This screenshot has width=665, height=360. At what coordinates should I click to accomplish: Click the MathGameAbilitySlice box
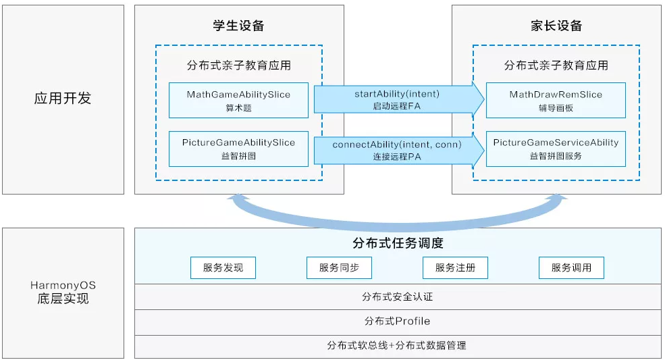(238, 100)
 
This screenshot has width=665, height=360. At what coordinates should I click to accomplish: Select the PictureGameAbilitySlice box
(238, 149)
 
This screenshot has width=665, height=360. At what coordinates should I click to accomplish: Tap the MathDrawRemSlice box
(556, 100)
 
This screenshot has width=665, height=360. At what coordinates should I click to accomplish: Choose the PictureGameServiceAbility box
(556, 149)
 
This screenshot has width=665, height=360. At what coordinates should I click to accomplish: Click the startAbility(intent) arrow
(397, 99)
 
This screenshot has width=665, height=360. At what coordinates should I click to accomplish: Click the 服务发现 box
(223, 267)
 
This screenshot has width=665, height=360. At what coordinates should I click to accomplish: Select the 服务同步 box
(339, 267)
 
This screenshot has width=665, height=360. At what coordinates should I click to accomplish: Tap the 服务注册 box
(455, 267)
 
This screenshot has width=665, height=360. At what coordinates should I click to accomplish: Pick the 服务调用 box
(571, 267)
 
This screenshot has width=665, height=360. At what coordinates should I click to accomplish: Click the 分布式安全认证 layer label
(397, 297)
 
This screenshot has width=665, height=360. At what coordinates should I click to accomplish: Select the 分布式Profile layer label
(397, 321)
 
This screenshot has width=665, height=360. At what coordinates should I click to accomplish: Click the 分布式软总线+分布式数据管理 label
(397, 345)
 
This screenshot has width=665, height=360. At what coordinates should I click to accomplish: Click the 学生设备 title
(238, 26)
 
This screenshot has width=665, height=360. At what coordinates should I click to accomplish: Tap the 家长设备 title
(556, 26)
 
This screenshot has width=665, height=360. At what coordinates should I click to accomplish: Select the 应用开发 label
(63, 99)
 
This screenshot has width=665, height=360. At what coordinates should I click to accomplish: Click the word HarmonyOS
(63, 285)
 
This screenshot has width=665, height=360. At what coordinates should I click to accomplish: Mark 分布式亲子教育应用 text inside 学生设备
(238, 66)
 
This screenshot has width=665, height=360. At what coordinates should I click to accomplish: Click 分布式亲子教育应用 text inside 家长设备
(556, 66)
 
